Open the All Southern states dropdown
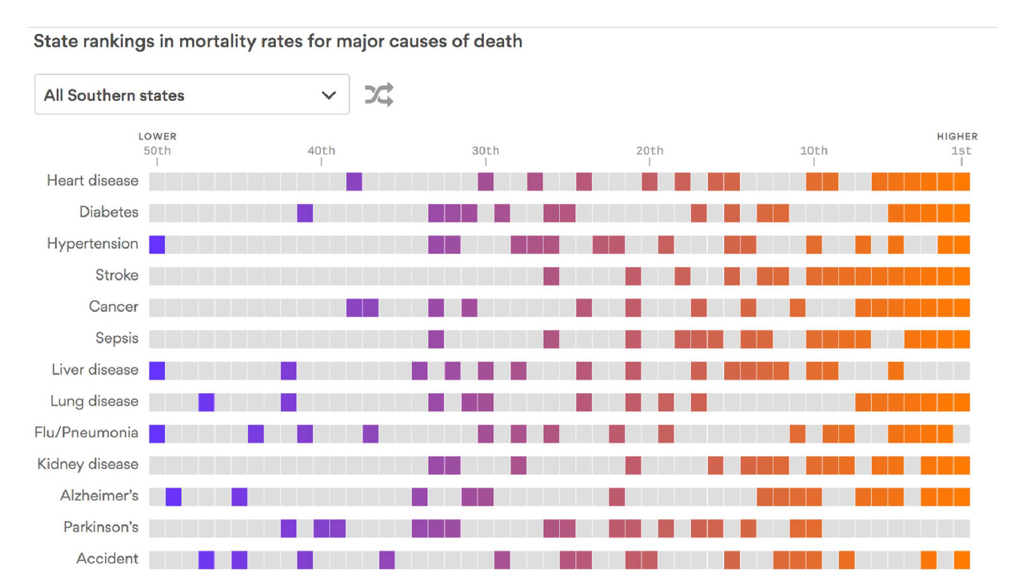tap(191, 94)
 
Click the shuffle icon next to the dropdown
tap(379, 94)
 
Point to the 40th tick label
tap(321, 151)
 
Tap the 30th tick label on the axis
tap(485, 151)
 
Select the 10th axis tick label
tap(813, 151)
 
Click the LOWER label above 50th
tap(158, 136)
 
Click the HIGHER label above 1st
tap(957, 136)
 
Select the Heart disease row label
tap(92, 181)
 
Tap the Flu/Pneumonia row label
tap(86, 433)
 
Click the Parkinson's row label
tap(101, 527)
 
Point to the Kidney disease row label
tap(88, 464)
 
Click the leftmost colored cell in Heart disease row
tap(354, 181)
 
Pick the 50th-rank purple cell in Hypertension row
tap(157, 244)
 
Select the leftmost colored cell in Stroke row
tap(552, 276)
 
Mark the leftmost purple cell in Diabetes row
tap(305, 213)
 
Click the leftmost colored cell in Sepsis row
tap(436, 339)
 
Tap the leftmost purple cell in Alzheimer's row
tap(173, 496)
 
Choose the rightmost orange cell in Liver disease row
tap(896, 370)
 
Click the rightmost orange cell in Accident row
tap(962, 559)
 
